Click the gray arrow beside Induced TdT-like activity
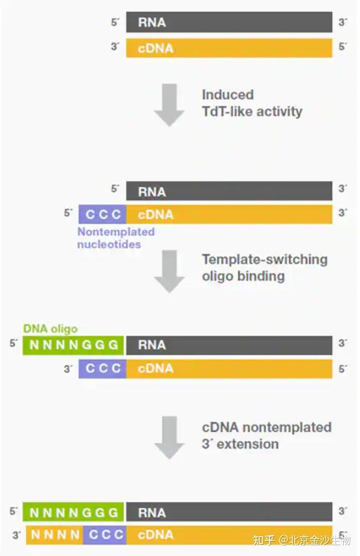point(169,105)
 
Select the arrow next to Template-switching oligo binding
point(169,271)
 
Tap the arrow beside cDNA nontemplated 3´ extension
point(169,437)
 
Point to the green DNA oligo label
point(50,329)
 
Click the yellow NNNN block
point(56,534)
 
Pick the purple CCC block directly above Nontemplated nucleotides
point(102,214)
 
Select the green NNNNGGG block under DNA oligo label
point(74,344)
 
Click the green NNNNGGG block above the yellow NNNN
point(74,512)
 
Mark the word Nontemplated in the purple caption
point(116,231)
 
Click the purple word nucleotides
point(109,244)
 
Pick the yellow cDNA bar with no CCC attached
point(229,48)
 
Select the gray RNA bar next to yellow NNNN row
point(229,512)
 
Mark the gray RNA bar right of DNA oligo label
point(229,344)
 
